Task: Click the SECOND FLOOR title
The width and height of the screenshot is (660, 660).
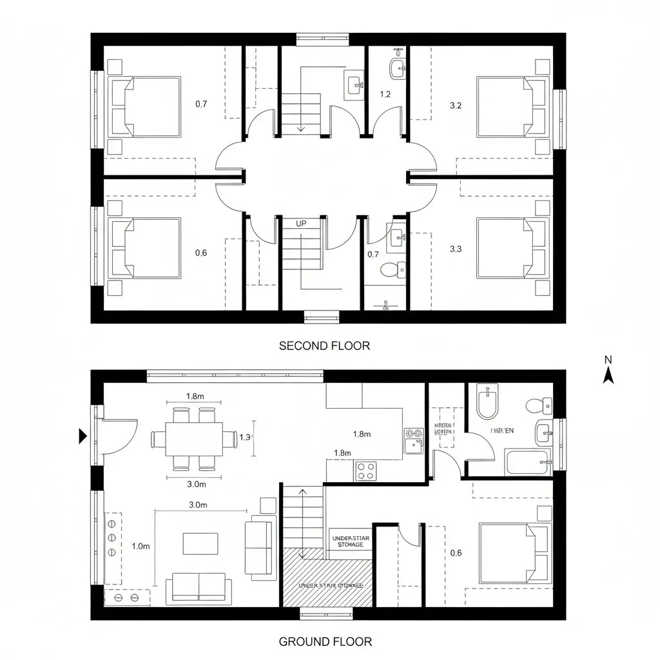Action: click(324, 346)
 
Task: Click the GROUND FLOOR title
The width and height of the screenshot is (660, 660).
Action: click(325, 641)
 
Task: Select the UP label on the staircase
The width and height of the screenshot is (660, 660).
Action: click(301, 224)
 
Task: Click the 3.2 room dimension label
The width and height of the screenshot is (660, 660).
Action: click(455, 105)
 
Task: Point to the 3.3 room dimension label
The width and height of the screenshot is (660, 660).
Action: click(455, 248)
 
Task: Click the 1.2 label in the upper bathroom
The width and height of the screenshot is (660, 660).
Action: click(385, 95)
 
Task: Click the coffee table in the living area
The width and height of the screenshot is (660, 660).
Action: click(200, 543)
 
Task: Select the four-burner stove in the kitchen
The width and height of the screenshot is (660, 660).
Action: click(366, 471)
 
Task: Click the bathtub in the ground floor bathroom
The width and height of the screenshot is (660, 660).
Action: click(527, 462)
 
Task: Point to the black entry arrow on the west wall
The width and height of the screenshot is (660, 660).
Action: click(82, 436)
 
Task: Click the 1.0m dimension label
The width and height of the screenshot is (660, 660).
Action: click(141, 546)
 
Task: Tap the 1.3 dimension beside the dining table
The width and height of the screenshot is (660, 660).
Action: click(245, 437)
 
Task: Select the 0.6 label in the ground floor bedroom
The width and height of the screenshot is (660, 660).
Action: click(456, 552)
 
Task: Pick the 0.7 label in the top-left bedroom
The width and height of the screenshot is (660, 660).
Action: click(201, 104)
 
